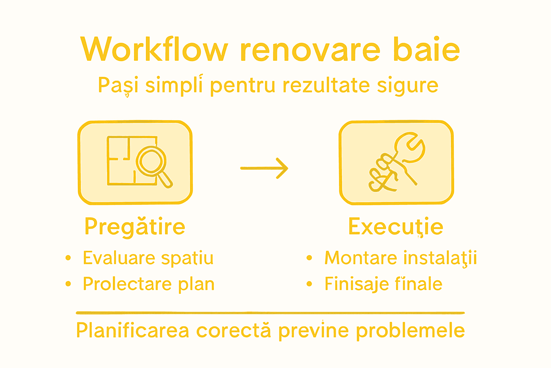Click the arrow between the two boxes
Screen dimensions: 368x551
pos(264,168)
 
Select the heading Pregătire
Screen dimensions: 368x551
pos(135,227)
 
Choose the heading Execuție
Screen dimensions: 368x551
pos(396,227)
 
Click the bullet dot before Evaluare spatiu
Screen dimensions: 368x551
pos(68,258)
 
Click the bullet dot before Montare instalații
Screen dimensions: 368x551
pos(309,258)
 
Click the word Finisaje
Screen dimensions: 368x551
pos(352,284)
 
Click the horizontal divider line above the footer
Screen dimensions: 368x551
pos(270,313)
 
